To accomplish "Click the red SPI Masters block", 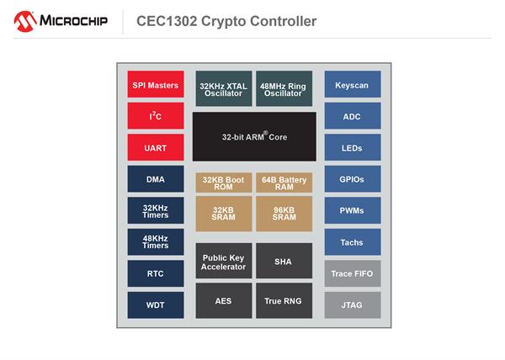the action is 156,84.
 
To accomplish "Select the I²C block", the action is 156,116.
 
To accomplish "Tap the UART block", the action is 156,147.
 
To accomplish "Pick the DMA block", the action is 156,179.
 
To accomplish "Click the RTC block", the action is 156,273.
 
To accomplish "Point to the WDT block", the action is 156,305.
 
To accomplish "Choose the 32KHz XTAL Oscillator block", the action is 224,88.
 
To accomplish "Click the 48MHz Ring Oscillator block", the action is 284,88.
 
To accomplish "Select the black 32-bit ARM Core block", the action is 254,136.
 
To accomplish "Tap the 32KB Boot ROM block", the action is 224,183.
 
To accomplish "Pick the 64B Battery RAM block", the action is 284,183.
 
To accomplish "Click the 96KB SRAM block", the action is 284,214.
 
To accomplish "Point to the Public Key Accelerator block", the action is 224,261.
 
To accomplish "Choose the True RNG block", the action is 284,301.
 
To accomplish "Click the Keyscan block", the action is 353,84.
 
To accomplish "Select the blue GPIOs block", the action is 353,179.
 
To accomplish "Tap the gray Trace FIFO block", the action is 353,273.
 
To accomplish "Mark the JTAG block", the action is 353,305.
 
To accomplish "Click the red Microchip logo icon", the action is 25,22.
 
